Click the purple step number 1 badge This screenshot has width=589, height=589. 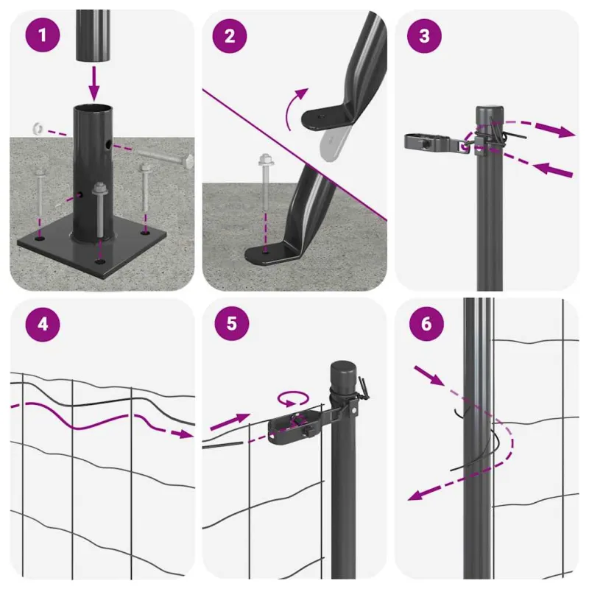[43, 35]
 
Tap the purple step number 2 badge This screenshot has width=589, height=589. [230, 35]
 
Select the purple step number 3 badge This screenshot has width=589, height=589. [424, 35]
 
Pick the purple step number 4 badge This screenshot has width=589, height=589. [43, 323]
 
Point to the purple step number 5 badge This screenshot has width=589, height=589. [232, 323]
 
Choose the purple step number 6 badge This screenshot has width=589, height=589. [426, 323]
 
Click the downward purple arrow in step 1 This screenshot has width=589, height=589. [94, 83]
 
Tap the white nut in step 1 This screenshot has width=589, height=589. [38, 128]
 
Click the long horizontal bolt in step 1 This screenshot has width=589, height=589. [165, 158]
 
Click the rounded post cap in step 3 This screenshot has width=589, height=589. [490, 115]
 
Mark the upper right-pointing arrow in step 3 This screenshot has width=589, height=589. [555, 130]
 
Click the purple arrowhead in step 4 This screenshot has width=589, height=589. [185, 434]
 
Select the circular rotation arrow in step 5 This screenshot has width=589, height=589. [293, 399]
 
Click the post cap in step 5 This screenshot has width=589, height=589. [344, 375]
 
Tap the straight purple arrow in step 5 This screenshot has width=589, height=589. [230, 422]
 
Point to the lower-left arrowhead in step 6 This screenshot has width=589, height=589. [416, 495]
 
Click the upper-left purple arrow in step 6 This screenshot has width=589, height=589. [429, 375]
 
